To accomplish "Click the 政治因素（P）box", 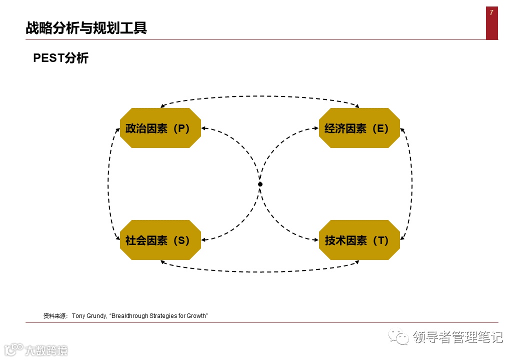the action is coord(160,128).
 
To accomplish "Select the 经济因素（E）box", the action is coord(359,128).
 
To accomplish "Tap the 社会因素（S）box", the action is coord(160,240).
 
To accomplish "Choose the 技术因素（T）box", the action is coord(359,240).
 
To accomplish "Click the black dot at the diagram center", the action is coord(260,184).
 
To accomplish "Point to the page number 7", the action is coord(491,13).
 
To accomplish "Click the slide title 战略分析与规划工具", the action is coord(86,28).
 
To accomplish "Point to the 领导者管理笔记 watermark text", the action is coord(457,337).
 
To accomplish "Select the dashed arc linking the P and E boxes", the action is coord(260,96).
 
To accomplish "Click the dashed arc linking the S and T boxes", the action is coord(260,272).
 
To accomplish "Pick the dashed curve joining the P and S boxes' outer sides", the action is coord(108,184).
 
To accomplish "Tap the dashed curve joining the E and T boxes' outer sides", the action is coord(412,184).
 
